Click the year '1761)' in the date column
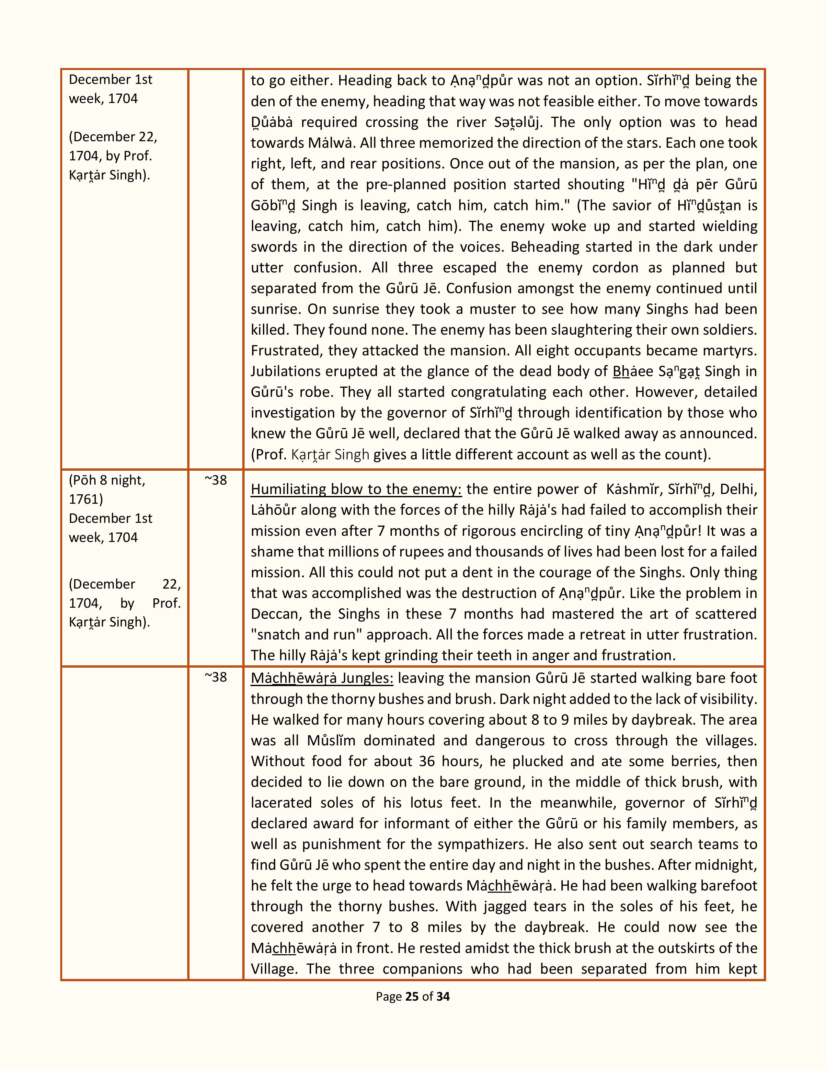[86, 499]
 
